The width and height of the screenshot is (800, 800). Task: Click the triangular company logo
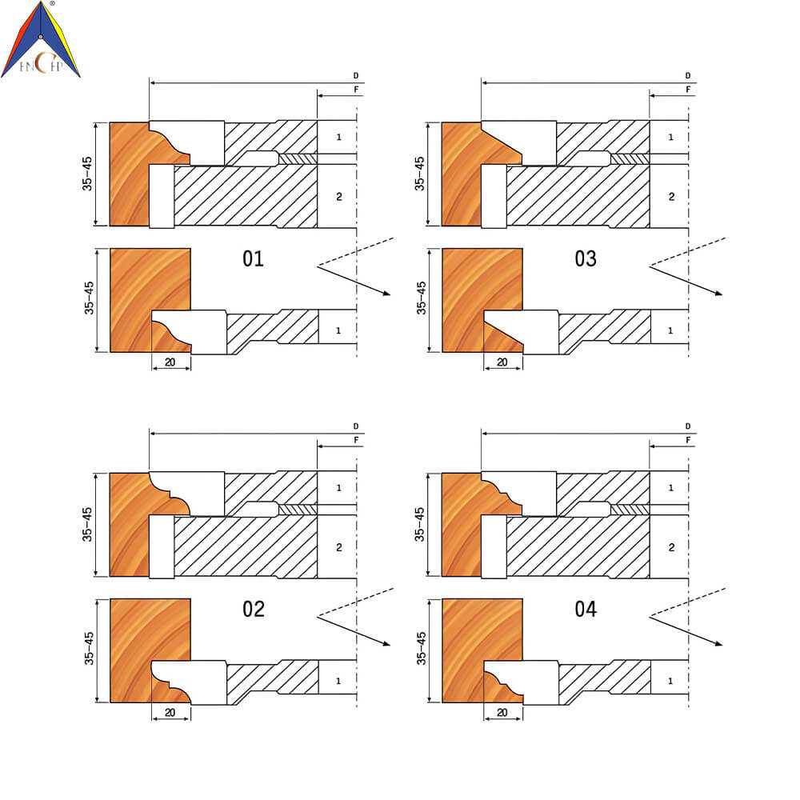pos(40,40)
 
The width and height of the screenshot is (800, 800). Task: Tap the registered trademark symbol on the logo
pos(52,3)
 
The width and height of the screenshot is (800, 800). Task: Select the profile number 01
pos(253,258)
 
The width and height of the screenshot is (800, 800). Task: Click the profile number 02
pos(253,609)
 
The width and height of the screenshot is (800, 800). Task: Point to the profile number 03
pos(586,258)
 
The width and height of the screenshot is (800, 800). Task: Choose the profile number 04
pos(586,609)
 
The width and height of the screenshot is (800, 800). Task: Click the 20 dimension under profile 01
pos(170,362)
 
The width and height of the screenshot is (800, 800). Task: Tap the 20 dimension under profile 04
pos(502,712)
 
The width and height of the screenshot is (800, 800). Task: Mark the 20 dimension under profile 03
pos(502,362)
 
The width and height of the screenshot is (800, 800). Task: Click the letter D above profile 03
pos(688,75)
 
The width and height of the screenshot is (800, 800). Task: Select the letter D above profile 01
pos(356,75)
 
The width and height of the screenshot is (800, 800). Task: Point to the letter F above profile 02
pos(356,440)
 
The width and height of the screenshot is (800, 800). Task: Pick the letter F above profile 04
pos(688,440)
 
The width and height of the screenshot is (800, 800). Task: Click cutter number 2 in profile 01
pos(338,197)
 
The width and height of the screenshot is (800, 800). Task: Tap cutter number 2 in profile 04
pos(671,547)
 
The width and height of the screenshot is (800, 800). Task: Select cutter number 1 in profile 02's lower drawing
pos(338,681)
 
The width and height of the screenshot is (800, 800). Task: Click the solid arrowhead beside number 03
pos(718,293)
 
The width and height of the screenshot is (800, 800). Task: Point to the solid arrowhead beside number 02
pos(386,643)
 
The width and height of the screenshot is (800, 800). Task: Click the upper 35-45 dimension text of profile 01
pos(87,174)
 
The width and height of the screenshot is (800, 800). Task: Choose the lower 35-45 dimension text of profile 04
pos(421,649)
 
